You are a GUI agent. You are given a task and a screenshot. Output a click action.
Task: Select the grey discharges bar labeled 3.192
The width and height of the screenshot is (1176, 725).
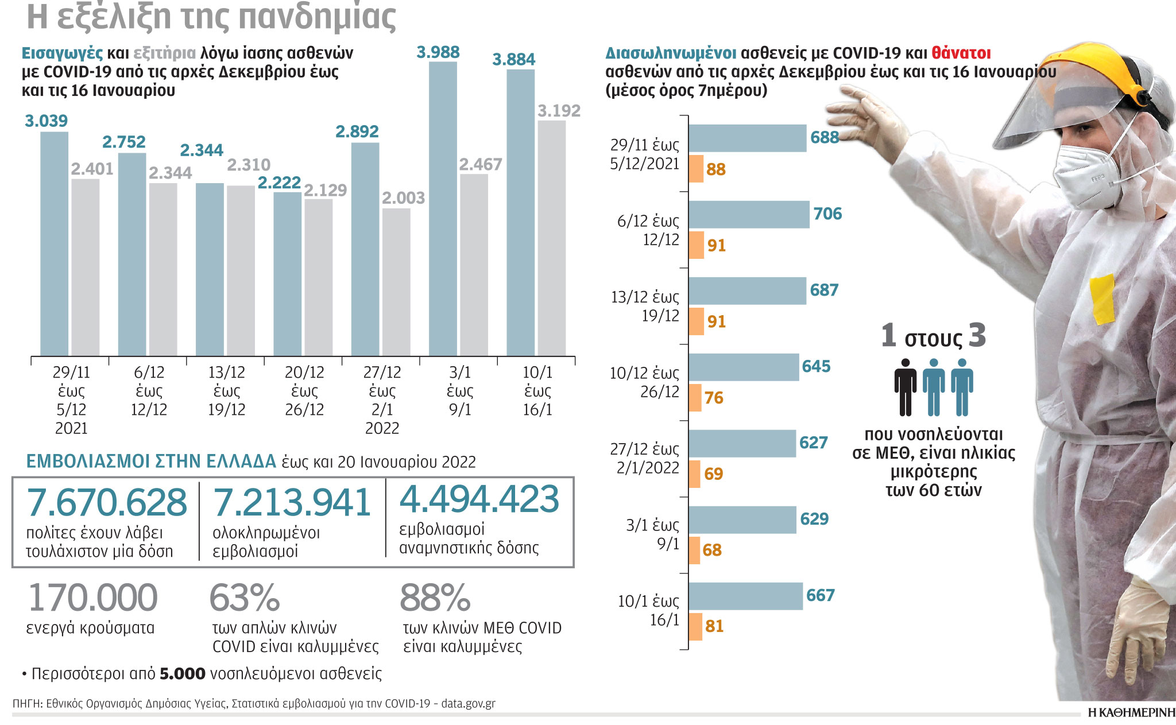click(x=551, y=238)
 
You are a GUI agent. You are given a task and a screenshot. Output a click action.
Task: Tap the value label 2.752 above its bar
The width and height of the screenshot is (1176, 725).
click(x=123, y=142)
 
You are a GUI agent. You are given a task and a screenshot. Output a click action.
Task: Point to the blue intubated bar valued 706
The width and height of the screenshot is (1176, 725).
click(x=749, y=215)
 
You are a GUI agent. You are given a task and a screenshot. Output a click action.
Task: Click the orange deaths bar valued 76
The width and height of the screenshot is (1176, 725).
click(x=695, y=398)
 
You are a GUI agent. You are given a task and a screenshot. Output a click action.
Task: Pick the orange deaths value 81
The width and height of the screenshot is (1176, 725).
click(x=714, y=626)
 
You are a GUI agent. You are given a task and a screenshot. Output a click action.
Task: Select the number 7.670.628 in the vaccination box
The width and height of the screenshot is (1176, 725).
click(x=107, y=503)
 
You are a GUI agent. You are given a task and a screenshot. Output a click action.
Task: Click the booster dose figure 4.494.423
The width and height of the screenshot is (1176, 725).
click(x=479, y=499)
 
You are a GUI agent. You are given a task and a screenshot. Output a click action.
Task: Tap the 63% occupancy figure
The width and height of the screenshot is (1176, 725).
click(x=245, y=598)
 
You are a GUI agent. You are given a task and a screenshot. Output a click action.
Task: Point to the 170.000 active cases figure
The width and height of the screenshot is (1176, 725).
click(x=92, y=598)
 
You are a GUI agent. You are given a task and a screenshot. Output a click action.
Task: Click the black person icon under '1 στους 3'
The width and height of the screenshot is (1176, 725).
click(x=905, y=387)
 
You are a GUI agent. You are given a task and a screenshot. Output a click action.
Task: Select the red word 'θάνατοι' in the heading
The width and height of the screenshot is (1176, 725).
click(x=961, y=53)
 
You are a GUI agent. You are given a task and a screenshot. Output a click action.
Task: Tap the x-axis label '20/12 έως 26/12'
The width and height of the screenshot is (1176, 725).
click(x=304, y=391)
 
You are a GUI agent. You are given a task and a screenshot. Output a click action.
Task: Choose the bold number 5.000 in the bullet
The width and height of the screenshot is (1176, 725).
click(x=182, y=674)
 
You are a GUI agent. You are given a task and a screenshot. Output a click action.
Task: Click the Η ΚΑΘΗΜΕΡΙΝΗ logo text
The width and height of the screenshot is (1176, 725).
click(x=1131, y=713)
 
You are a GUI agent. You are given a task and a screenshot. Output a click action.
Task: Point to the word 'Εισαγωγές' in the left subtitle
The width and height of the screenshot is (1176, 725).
click(x=62, y=53)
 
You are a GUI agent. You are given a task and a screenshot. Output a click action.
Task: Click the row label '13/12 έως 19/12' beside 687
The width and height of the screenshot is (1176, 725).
click(x=645, y=307)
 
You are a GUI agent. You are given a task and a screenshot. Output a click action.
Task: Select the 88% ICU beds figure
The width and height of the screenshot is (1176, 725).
click(x=435, y=598)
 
